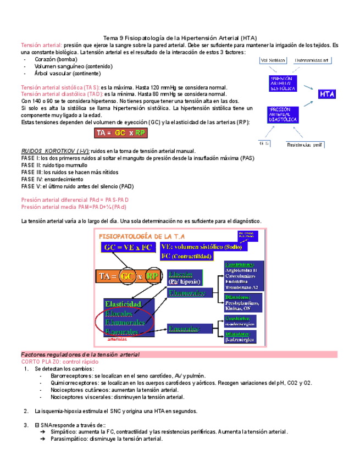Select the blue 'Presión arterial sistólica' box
click(284, 83)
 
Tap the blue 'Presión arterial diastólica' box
click(283, 115)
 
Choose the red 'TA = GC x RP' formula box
click(121, 133)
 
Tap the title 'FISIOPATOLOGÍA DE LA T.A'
click(139, 236)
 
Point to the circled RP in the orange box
click(153, 276)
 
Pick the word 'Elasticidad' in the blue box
click(123, 304)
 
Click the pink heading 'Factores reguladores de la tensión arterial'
click(80, 339)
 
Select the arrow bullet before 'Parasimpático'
click(42, 439)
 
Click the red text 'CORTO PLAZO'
click(41, 347)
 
